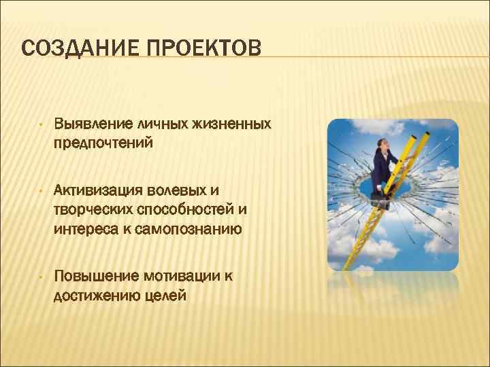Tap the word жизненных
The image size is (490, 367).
(x=232, y=124)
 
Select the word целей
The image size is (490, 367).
(x=165, y=295)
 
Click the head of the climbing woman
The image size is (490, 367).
(x=382, y=143)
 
